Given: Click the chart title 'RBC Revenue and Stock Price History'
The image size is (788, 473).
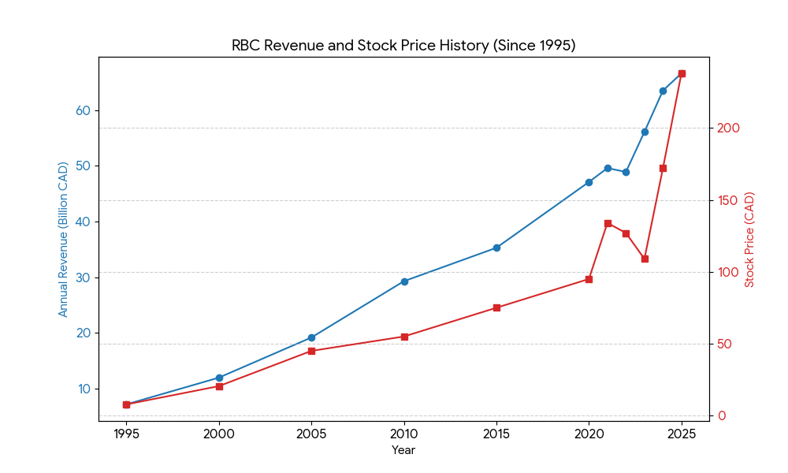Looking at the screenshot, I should [403, 46].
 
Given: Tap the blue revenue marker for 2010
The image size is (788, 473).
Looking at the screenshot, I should [404, 281].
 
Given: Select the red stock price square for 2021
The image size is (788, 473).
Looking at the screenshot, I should [608, 223].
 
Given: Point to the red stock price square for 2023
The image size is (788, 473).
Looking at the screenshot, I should [645, 259].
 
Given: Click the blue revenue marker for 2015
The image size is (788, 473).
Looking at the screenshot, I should [496, 248].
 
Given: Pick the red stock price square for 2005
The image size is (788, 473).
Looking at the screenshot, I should [311, 351].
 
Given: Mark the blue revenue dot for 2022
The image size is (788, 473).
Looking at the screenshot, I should [626, 172].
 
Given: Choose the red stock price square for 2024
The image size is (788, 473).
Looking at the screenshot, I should [663, 168].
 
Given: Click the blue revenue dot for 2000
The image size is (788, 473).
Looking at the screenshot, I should [219, 378].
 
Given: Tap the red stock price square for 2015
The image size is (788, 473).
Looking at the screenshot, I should [496, 307].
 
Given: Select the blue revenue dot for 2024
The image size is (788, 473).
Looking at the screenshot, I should [663, 91].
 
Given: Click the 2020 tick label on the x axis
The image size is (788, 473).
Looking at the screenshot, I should [589, 434].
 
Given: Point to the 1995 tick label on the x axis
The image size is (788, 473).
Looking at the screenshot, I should [126, 434].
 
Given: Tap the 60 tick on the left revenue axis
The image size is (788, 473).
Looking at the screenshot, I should [83, 110].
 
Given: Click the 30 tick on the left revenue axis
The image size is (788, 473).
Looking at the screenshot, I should [83, 277].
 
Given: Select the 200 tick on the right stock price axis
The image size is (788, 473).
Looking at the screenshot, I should [728, 128].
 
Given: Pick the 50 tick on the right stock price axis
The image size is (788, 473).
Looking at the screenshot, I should [726, 345].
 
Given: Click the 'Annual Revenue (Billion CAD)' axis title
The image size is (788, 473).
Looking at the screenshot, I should [64, 239].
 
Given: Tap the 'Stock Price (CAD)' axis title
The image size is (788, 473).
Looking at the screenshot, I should [749, 239].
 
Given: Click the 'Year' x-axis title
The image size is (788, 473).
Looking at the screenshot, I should [403, 450].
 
